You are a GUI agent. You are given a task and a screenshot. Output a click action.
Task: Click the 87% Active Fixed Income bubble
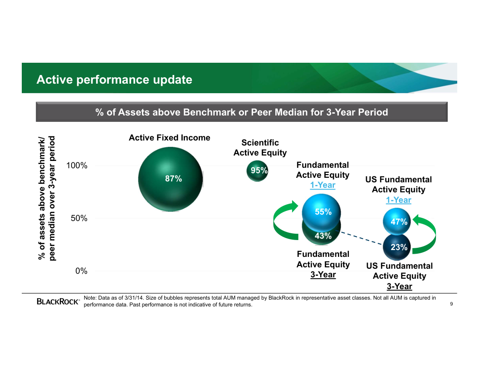coord(171,180)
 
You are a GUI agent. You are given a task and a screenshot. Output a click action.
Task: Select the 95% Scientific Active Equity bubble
coord(257,171)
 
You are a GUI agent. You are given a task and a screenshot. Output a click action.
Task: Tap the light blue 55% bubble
coord(321,212)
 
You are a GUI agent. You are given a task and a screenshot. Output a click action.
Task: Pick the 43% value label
coord(323,236)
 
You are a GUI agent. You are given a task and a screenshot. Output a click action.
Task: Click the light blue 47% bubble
coord(397,221)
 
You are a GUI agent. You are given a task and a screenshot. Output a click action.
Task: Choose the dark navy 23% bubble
coord(397,247)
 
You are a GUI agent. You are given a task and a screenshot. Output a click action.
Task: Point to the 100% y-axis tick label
coord(77,165)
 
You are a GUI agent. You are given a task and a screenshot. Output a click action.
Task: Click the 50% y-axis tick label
coord(79,218)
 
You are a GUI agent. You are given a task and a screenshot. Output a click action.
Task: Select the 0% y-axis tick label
coord(81,271)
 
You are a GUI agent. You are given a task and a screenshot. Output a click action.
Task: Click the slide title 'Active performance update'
coord(114,80)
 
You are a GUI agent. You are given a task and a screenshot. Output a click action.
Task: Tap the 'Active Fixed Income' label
coord(170,138)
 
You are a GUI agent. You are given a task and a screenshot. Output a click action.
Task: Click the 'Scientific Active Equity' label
coord(260,148)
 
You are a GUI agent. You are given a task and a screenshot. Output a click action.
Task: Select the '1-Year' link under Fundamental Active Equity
coord(323,185)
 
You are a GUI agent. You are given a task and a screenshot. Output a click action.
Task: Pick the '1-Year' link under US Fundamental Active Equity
coord(399,200)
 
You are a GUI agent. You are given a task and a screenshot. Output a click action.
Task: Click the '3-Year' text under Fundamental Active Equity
coord(323,275)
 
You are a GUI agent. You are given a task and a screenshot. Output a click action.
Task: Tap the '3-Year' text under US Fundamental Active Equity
coord(400,286)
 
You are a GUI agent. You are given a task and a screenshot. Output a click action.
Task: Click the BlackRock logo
coord(58,301)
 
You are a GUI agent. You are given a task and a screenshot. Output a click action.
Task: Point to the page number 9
coord(451,304)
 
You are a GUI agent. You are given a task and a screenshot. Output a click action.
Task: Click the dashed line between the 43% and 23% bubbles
coord(361,238)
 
